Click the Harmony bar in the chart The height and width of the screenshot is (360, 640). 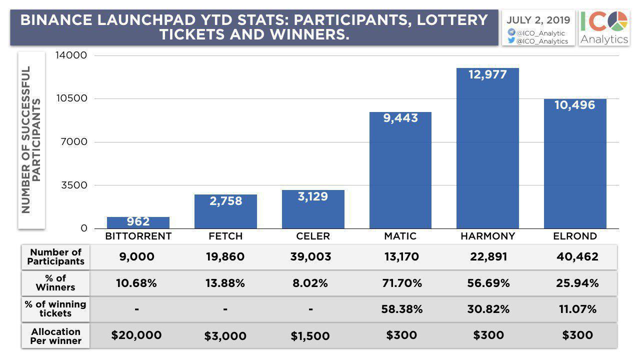tap(487, 150)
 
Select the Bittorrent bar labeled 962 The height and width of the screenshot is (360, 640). tap(138, 222)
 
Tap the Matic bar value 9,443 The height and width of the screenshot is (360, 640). tap(400, 118)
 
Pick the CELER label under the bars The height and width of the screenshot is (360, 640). tap(313, 236)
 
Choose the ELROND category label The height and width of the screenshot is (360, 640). tap(575, 236)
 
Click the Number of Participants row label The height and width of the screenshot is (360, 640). tap(56, 256)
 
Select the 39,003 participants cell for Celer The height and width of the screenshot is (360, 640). tap(310, 257)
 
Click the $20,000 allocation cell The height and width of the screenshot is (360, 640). tap(136, 335)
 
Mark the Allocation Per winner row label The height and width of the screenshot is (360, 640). tap(56, 336)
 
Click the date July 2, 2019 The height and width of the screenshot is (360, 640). tap(538, 20)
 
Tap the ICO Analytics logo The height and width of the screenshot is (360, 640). tap(604, 27)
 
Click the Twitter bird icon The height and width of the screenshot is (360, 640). tap(511, 41)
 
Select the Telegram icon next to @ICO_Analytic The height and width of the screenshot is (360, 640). tap(511, 32)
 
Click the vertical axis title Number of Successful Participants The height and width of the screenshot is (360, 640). tap(31, 140)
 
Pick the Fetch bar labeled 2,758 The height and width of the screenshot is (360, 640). tap(225, 211)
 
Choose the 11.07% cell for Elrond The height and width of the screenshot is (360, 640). tap(577, 309)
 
